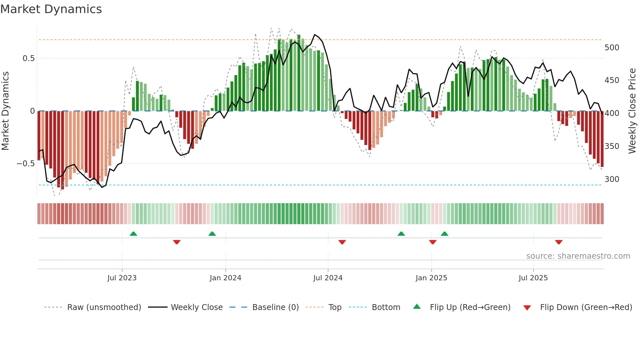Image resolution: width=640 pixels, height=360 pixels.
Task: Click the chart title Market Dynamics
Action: coord(51,9)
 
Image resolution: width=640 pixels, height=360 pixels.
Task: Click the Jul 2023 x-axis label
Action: coord(122,278)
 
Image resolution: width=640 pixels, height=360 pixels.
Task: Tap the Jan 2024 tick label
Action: coord(225,278)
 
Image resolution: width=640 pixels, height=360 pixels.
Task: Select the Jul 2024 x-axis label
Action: coord(328,278)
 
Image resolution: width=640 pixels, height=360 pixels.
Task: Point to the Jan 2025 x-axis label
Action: coord(431,278)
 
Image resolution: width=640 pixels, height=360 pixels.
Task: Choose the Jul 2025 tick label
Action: coord(533,278)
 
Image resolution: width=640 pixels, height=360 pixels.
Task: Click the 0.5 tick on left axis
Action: coord(28,58)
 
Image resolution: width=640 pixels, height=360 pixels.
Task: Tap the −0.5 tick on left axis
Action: coord(26,164)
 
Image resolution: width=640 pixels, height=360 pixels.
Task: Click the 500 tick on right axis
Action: coord(612,48)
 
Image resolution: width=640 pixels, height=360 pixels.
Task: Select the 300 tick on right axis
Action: coord(612,179)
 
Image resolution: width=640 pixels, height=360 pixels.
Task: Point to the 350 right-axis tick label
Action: coord(612,146)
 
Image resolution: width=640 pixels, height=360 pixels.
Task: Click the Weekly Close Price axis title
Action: coord(632,111)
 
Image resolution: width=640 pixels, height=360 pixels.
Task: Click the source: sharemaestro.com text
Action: coord(578,256)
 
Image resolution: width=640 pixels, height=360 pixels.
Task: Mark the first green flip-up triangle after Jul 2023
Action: coord(133,234)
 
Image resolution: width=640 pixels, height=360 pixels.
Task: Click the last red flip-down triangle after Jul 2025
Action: coord(559,242)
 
